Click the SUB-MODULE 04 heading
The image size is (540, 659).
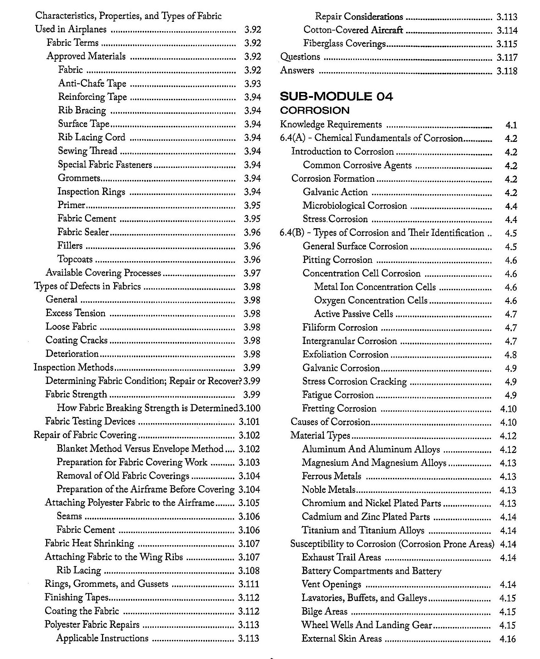pyautogui.click(x=336, y=96)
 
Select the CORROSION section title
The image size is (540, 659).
pyautogui.click(x=314, y=111)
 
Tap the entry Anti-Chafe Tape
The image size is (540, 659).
pyautogui.click(x=92, y=84)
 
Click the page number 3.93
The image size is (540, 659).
pyautogui.click(x=252, y=84)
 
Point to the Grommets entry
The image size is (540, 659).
pyautogui.click(x=79, y=178)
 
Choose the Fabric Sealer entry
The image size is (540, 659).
pyautogui.click(x=83, y=232)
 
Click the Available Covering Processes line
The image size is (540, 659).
pyautogui.click(x=103, y=273)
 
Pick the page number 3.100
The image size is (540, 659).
pyautogui.click(x=250, y=408)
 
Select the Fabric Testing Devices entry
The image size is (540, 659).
pyautogui.click(x=90, y=422)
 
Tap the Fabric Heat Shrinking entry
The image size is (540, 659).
pyautogui.click(x=89, y=544)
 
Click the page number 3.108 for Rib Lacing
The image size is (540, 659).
pyautogui.click(x=249, y=571)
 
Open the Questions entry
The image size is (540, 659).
pyautogui.click(x=300, y=57)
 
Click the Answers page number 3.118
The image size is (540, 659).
pyautogui.click(x=507, y=71)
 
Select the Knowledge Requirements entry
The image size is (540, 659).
pyautogui.click(x=331, y=125)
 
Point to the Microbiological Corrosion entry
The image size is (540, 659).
pyautogui.click(x=355, y=206)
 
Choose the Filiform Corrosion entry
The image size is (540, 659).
pyautogui.click(x=340, y=327)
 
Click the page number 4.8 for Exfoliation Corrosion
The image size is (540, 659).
pyautogui.click(x=511, y=355)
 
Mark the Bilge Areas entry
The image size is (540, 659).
pyautogui.click(x=324, y=611)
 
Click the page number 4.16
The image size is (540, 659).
pyautogui.click(x=508, y=639)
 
